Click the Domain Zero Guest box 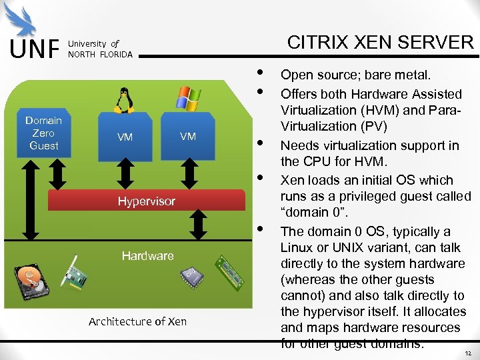click(x=43, y=133)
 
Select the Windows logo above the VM click(x=188, y=98)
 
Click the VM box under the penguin click(x=125, y=137)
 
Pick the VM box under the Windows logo click(x=188, y=136)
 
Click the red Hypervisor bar click(x=146, y=201)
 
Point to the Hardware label click(x=147, y=255)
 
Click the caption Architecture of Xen click(x=137, y=321)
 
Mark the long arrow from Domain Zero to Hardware click(x=28, y=200)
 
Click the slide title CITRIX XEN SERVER click(x=379, y=43)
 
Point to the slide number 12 click(x=468, y=352)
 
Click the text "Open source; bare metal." click(x=355, y=75)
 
